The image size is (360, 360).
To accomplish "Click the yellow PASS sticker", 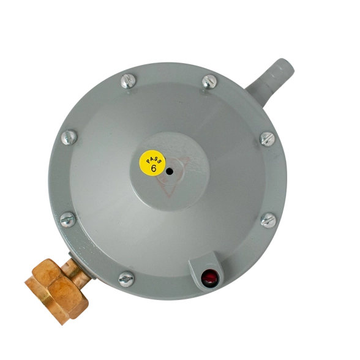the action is tap(152, 163).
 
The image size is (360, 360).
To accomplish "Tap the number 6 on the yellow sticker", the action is tap(154, 168).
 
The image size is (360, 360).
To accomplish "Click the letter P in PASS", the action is tap(148, 161).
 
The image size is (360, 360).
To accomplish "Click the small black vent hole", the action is tap(170, 171).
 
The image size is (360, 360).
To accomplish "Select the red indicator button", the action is tap(209, 278).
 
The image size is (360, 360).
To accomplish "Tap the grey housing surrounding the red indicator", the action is tap(206, 271).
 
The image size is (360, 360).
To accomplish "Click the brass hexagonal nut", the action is tap(57, 291).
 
